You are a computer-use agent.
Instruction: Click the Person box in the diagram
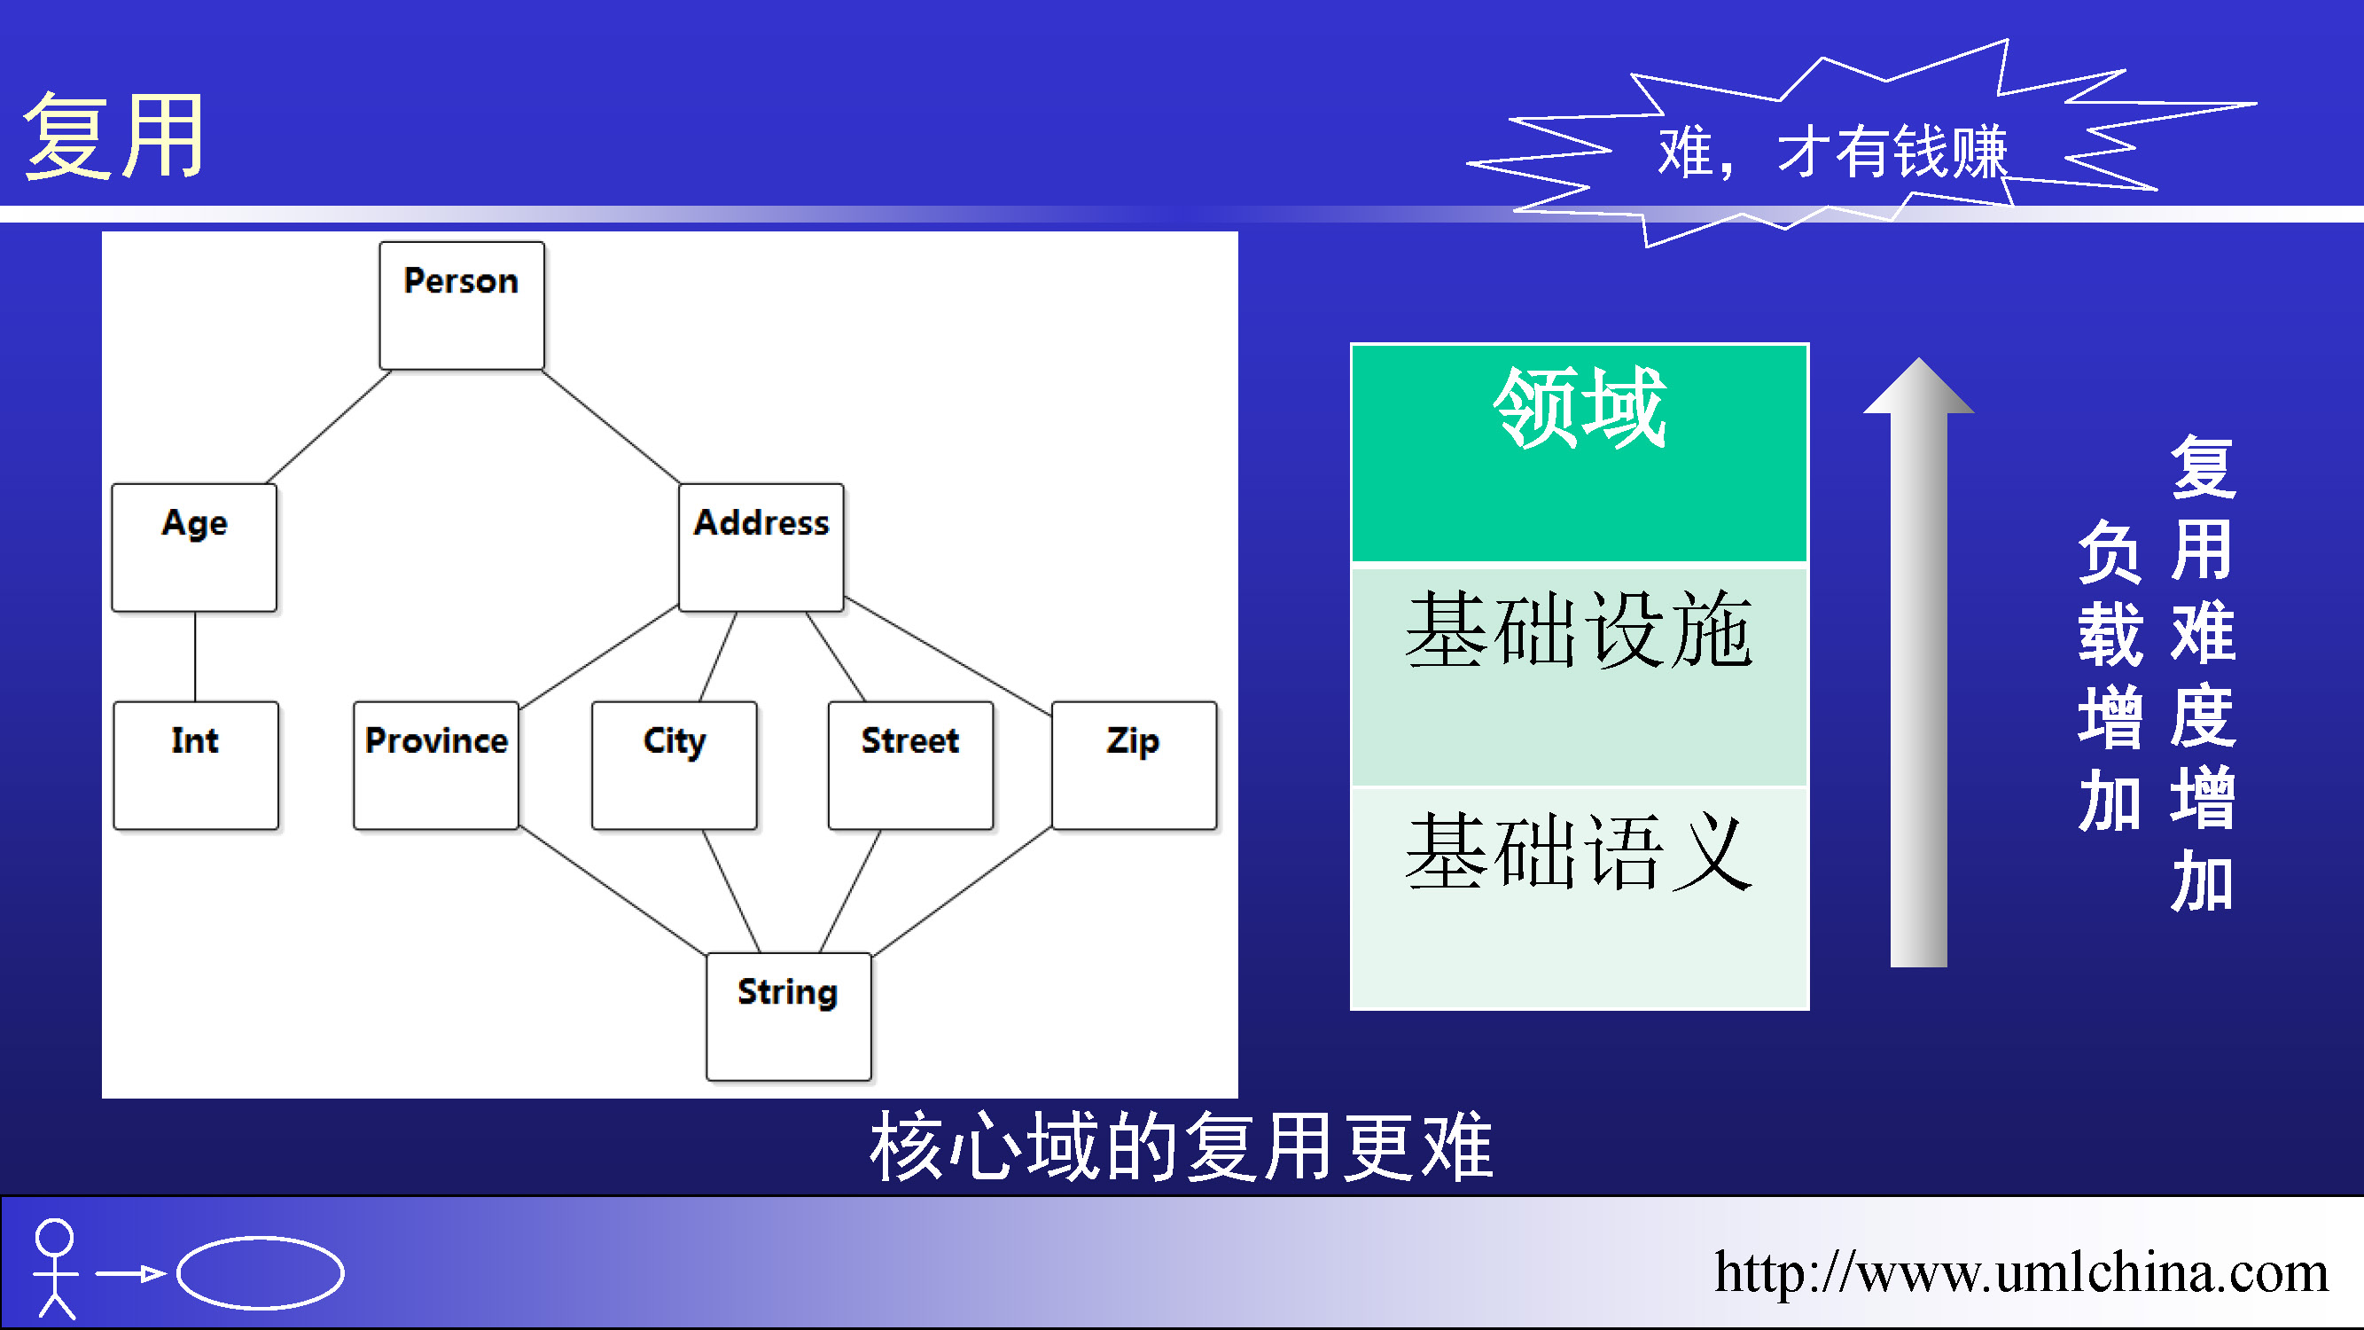[462, 306]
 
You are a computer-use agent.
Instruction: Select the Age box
[193, 548]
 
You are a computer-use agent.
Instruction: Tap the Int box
[196, 765]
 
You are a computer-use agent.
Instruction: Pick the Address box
[761, 548]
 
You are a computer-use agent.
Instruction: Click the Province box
[436, 765]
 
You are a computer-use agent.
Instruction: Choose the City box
[675, 765]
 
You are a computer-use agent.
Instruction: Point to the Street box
[910, 765]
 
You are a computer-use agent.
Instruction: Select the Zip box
[1135, 765]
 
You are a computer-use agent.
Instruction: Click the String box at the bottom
[788, 1017]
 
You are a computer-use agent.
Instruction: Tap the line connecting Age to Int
[194, 657]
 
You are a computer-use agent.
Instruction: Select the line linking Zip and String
[962, 891]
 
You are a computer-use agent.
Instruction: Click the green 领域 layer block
[1580, 453]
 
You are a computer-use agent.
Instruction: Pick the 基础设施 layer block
[1580, 677]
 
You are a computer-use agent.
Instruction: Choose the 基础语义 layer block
[1580, 897]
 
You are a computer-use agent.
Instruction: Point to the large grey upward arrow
[1918, 661]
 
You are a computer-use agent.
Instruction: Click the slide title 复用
[114, 136]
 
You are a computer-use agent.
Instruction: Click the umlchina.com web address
[2022, 1271]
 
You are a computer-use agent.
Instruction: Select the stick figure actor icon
[55, 1270]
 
